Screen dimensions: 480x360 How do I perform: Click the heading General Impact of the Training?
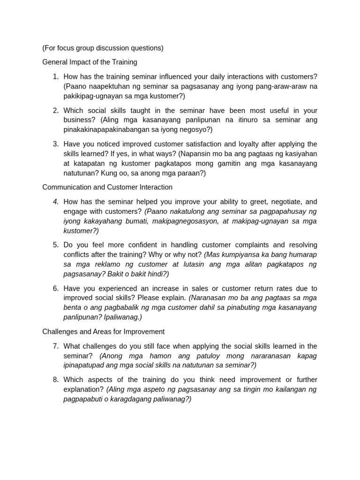click(90, 62)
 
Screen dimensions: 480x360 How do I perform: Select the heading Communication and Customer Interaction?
click(107, 187)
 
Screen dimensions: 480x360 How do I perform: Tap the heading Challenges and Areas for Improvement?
click(103, 331)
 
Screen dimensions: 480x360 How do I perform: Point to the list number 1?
click(55, 76)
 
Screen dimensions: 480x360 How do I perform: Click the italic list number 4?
click(55, 202)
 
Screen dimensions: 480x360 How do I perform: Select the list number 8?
click(55, 380)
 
